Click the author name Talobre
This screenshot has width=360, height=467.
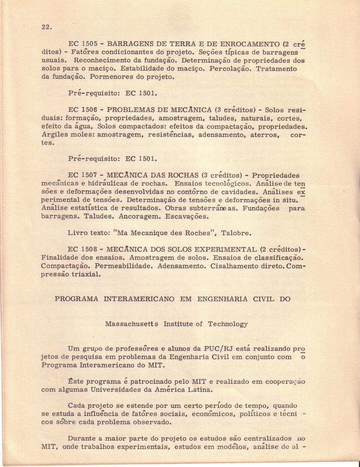click(x=236, y=233)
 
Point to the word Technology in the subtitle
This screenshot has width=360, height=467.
click(x=228, y=324)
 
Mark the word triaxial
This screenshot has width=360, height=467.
click(x=85, y=275)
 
